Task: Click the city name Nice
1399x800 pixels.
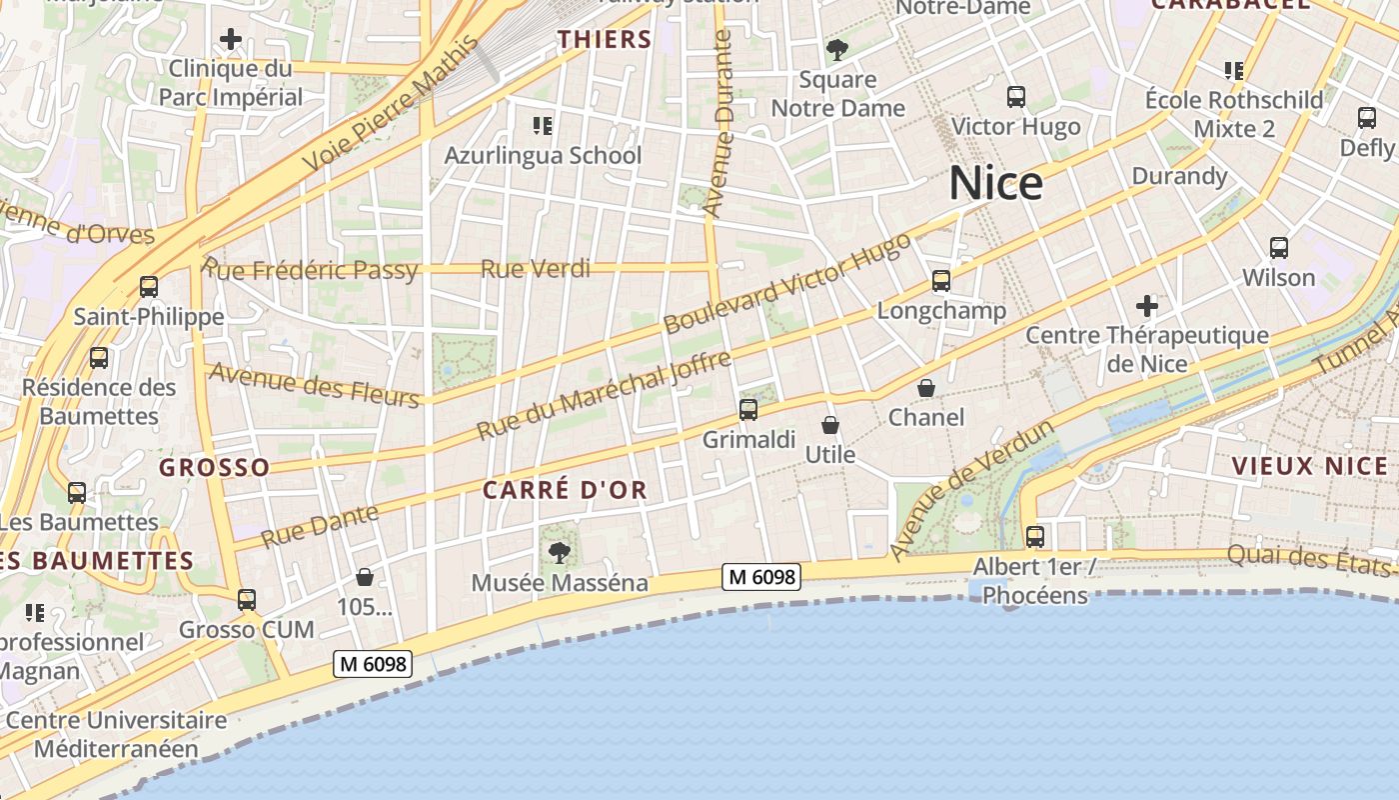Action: coord(995,183)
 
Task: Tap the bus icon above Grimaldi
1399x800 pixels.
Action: coord(747,409)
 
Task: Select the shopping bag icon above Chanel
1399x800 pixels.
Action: coord(926,387)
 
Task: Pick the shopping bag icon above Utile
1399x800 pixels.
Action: coord(829,425)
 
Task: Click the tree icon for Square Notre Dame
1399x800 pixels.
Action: coord(836,49)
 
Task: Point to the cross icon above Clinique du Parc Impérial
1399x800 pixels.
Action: coord(231,39)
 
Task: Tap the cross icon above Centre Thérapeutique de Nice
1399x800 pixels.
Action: coord(1146,305)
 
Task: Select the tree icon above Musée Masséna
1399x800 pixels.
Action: coord(560,551)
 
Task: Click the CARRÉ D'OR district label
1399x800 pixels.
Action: coord(565,490)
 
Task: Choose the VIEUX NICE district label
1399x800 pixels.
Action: coord(1309,466)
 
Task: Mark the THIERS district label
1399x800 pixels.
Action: coord(605,40)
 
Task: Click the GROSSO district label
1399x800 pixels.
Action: coord(214,467)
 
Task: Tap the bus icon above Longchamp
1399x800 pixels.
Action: coord(940,281)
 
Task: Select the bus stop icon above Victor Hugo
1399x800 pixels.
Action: coord(1015,97)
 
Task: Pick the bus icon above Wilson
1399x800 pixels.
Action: coord(1278,247)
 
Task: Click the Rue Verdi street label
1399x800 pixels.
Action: coord(536,268)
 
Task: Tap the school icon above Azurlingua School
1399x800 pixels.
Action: coord(543,126)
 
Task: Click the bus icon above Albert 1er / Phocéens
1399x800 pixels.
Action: coord(1034,537)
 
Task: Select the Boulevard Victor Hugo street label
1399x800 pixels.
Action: coord(787,284)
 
